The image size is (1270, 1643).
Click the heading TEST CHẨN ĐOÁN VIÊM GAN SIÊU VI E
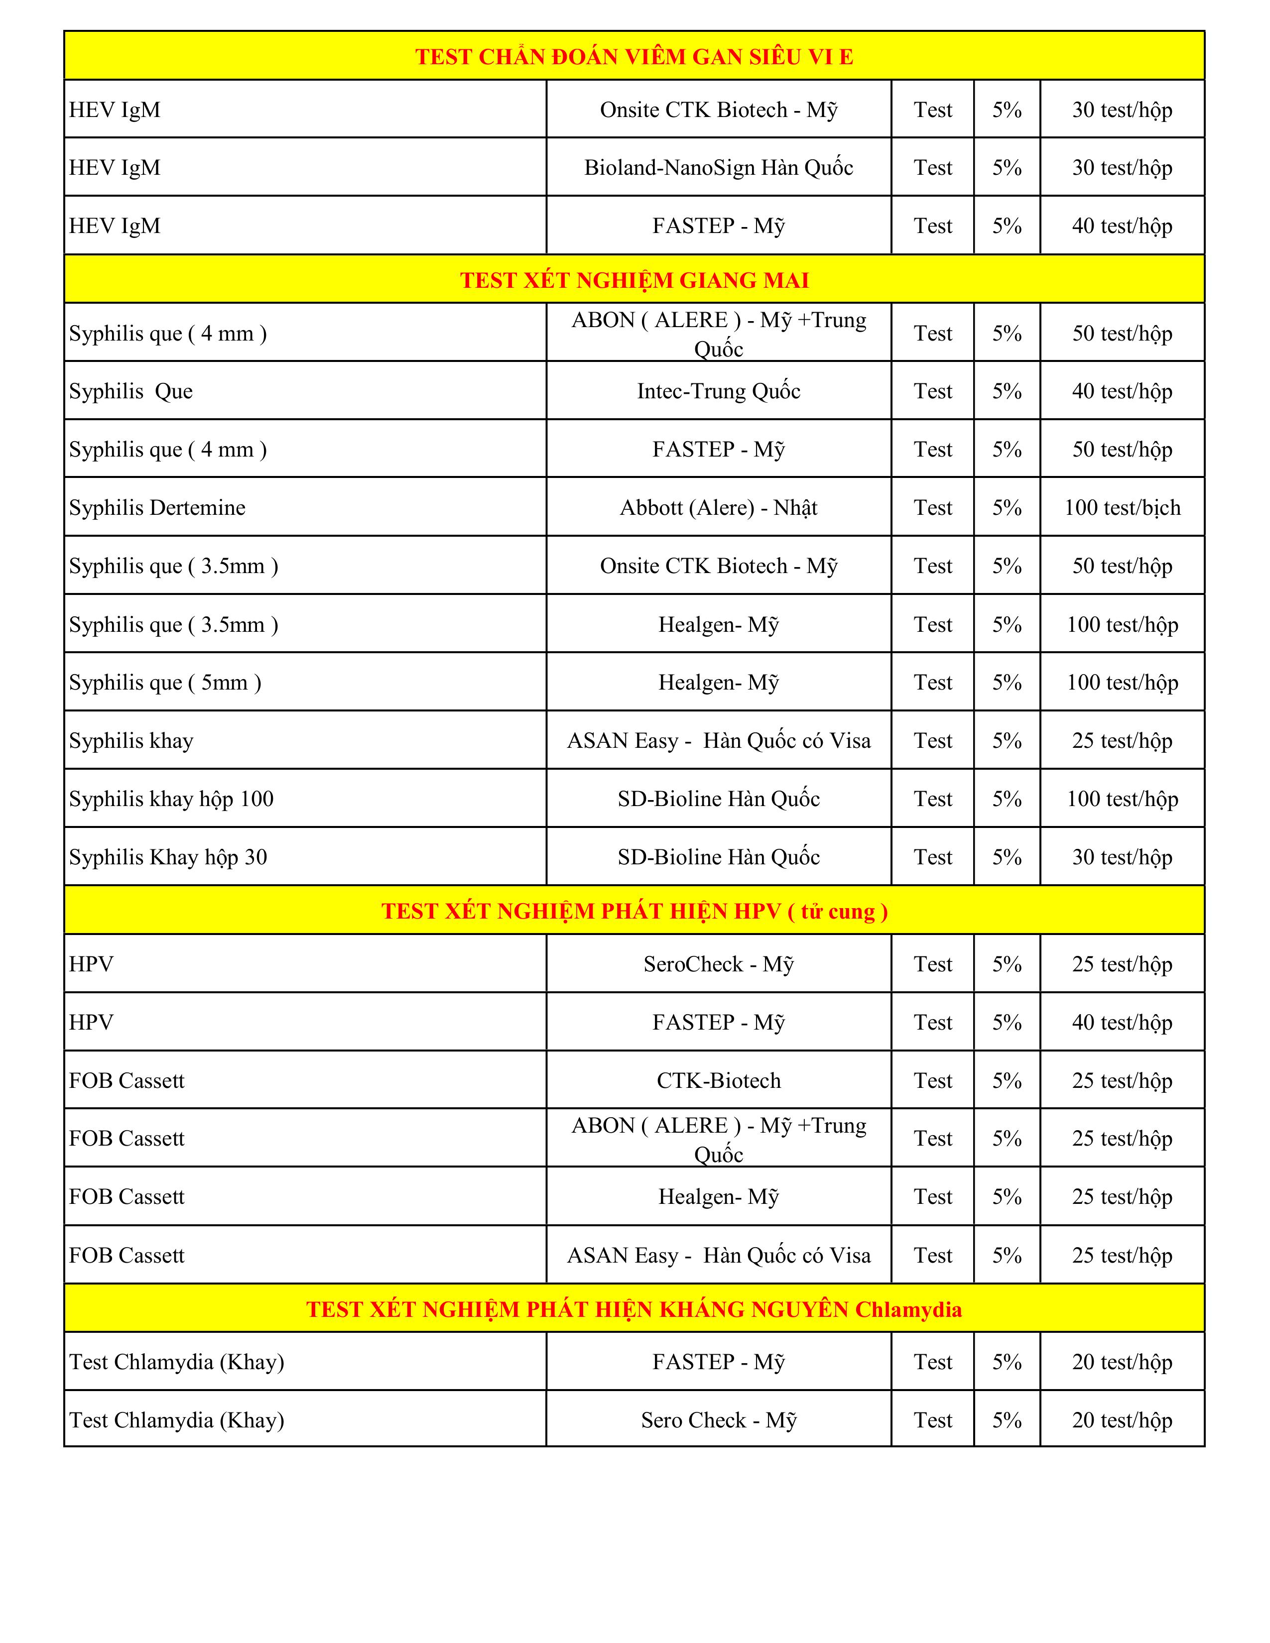pyautogui.click(x=634, y=56)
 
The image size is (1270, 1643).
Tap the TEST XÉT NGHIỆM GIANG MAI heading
pyautogui.click(x=634, y=280)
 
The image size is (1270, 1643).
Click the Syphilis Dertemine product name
pyautogui.click(x=157, y=508)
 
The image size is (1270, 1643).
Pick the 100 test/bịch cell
pyautogui.click(x=1122, y=508)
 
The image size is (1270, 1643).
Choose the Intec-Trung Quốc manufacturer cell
pyautogui.click(x=719, y=391)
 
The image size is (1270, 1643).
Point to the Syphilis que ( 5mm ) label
pyautogui.click(x=165, y=682)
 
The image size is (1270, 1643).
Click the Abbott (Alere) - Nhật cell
pyautogui.click(x=719, y=508)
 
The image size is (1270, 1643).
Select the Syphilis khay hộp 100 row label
pyautogui.click(x=171, y=799)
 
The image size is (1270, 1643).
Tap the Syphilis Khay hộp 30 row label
pyautogui.click(x=168, y=857)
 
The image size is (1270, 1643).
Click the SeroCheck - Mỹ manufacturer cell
pyautogui.click(x=719, y=964)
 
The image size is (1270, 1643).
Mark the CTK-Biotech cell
pyautogui.click(x=719, y=1080)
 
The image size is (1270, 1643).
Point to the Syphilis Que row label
pyautogui.click(x=131, y=391)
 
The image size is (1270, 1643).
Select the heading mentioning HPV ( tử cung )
pyautogui.click(x=634, y=911)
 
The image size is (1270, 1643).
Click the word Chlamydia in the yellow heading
pyautogui.click(x=908, y=1310)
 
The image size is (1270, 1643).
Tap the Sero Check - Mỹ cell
pyautogui.click(x=719, y=1420)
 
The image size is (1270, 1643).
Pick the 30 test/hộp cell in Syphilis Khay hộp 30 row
pyautogui.click(x=1122, y=857)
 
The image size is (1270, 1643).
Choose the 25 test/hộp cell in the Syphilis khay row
pyautogui.click(x=1122, y=741)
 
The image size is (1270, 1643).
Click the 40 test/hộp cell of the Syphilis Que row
pyautogui.click(x=1122, y=391)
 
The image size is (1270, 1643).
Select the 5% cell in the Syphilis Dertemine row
pyautogui.click(x=1007, y=508)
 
